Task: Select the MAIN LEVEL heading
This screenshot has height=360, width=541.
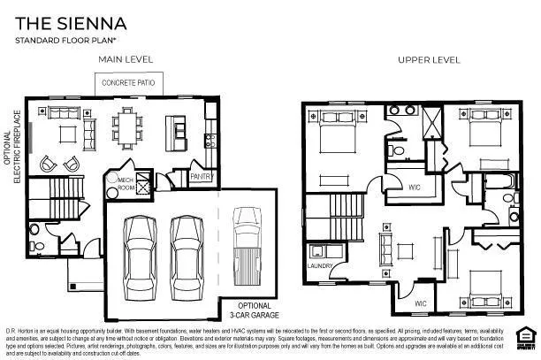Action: [x=125, y=59]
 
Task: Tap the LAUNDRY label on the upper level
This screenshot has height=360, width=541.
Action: [x=319, y=265]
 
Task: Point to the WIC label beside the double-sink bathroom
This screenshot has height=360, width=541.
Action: [x=414, y=187]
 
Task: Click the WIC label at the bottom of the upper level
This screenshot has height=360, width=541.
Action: [x=422, y=303]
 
